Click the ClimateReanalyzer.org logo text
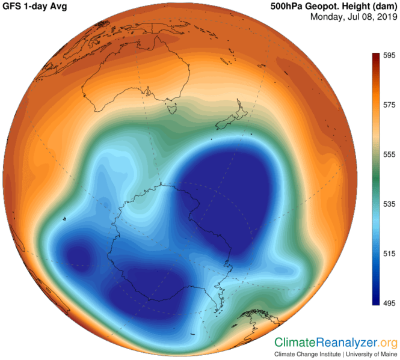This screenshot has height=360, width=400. [x=336, y=343]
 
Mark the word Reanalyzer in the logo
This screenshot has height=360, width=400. [x=348, y=343]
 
